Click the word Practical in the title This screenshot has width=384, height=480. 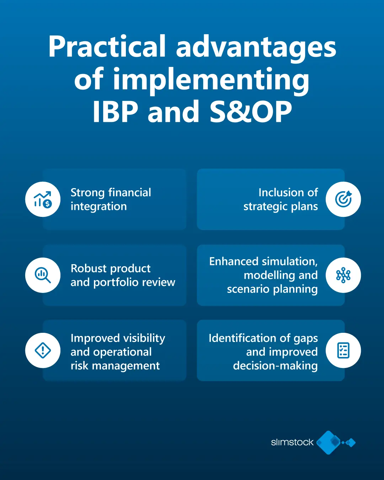point(107,47)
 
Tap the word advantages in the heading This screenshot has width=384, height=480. point(256,47)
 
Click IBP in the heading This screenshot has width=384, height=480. point(115,112)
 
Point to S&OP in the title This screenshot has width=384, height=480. point(251,112)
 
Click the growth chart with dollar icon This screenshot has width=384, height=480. point(43,199)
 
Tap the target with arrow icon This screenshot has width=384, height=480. point(343,199)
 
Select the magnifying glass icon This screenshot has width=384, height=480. point(43,275)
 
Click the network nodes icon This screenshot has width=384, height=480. point(343,275)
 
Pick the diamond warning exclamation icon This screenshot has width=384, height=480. point(43,351)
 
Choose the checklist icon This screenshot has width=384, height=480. point(343,351)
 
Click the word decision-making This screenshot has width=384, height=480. point(275,366)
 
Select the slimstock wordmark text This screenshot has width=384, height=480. point(292,442)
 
